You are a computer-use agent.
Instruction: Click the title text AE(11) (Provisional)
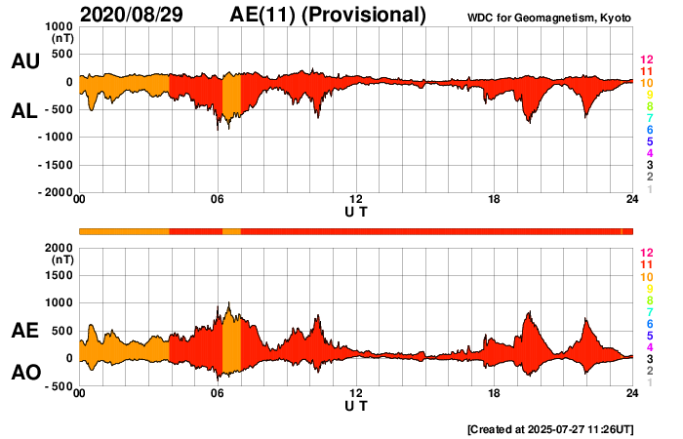328,15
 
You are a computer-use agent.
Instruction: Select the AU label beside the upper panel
24,61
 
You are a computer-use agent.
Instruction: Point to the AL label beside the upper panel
24,111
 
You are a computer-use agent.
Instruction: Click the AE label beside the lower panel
24,331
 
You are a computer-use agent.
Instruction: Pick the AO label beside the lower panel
24,373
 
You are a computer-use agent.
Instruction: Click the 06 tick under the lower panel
218,393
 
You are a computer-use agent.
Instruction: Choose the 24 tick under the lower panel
632,393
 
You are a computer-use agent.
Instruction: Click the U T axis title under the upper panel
356,211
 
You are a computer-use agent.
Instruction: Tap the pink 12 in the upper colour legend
646,60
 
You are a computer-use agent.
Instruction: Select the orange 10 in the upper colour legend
646,84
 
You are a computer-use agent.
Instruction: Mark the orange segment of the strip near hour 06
231,231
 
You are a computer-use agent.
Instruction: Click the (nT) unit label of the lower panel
60,259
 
